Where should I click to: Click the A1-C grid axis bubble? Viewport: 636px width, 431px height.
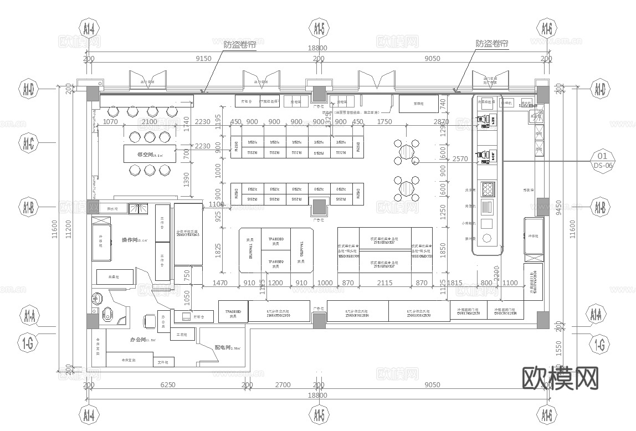point(29,145)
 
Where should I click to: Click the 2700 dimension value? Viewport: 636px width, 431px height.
point(283,385)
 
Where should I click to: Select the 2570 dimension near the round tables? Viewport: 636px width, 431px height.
point(460,159)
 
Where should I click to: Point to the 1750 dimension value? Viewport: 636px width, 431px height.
point(384,122)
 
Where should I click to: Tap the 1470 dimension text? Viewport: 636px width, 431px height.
point(220,283)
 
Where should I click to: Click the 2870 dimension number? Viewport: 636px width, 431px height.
point(442,122)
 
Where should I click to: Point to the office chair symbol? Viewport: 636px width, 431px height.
point(149,320)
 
